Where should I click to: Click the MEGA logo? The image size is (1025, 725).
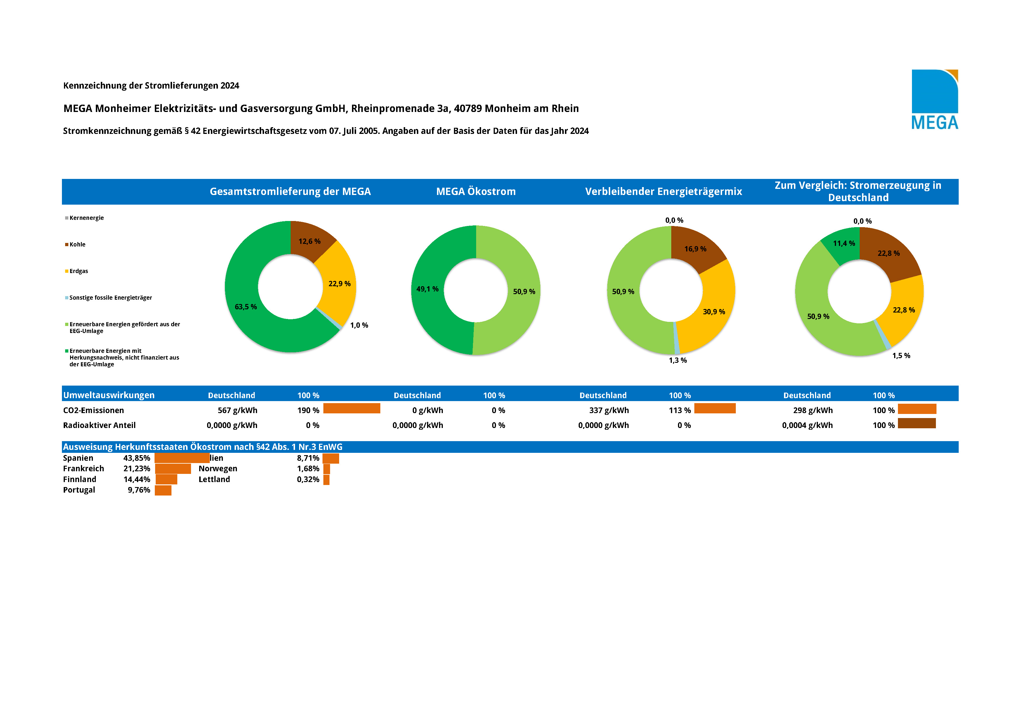[x=934, y=100]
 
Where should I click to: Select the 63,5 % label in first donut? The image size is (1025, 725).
[x=246, y=307]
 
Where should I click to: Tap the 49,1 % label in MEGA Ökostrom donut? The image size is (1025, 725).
[x=427, y=289]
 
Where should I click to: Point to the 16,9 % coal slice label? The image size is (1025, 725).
[x=695, y=249]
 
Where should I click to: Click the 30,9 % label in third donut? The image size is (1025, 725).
[x=714, y=312]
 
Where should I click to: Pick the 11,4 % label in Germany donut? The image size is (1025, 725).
[x=844, y=244]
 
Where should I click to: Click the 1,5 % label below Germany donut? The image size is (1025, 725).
[x=901, y=355]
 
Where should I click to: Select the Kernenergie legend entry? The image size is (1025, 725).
[x=86, y=218]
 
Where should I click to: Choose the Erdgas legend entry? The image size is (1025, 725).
[x=79, y=271]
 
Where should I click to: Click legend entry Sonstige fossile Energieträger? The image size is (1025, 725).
[x=110, y=298]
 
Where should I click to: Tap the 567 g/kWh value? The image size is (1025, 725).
[x=237, y=410]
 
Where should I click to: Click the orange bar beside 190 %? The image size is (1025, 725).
[x=351, y=408]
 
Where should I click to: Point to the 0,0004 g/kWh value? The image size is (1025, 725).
[x=807, y=425]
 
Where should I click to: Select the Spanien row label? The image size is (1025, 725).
[x=78, y=458]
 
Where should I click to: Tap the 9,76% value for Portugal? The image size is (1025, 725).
[x=139, y=490]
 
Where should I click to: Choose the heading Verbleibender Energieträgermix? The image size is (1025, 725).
[x=663, y=192]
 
